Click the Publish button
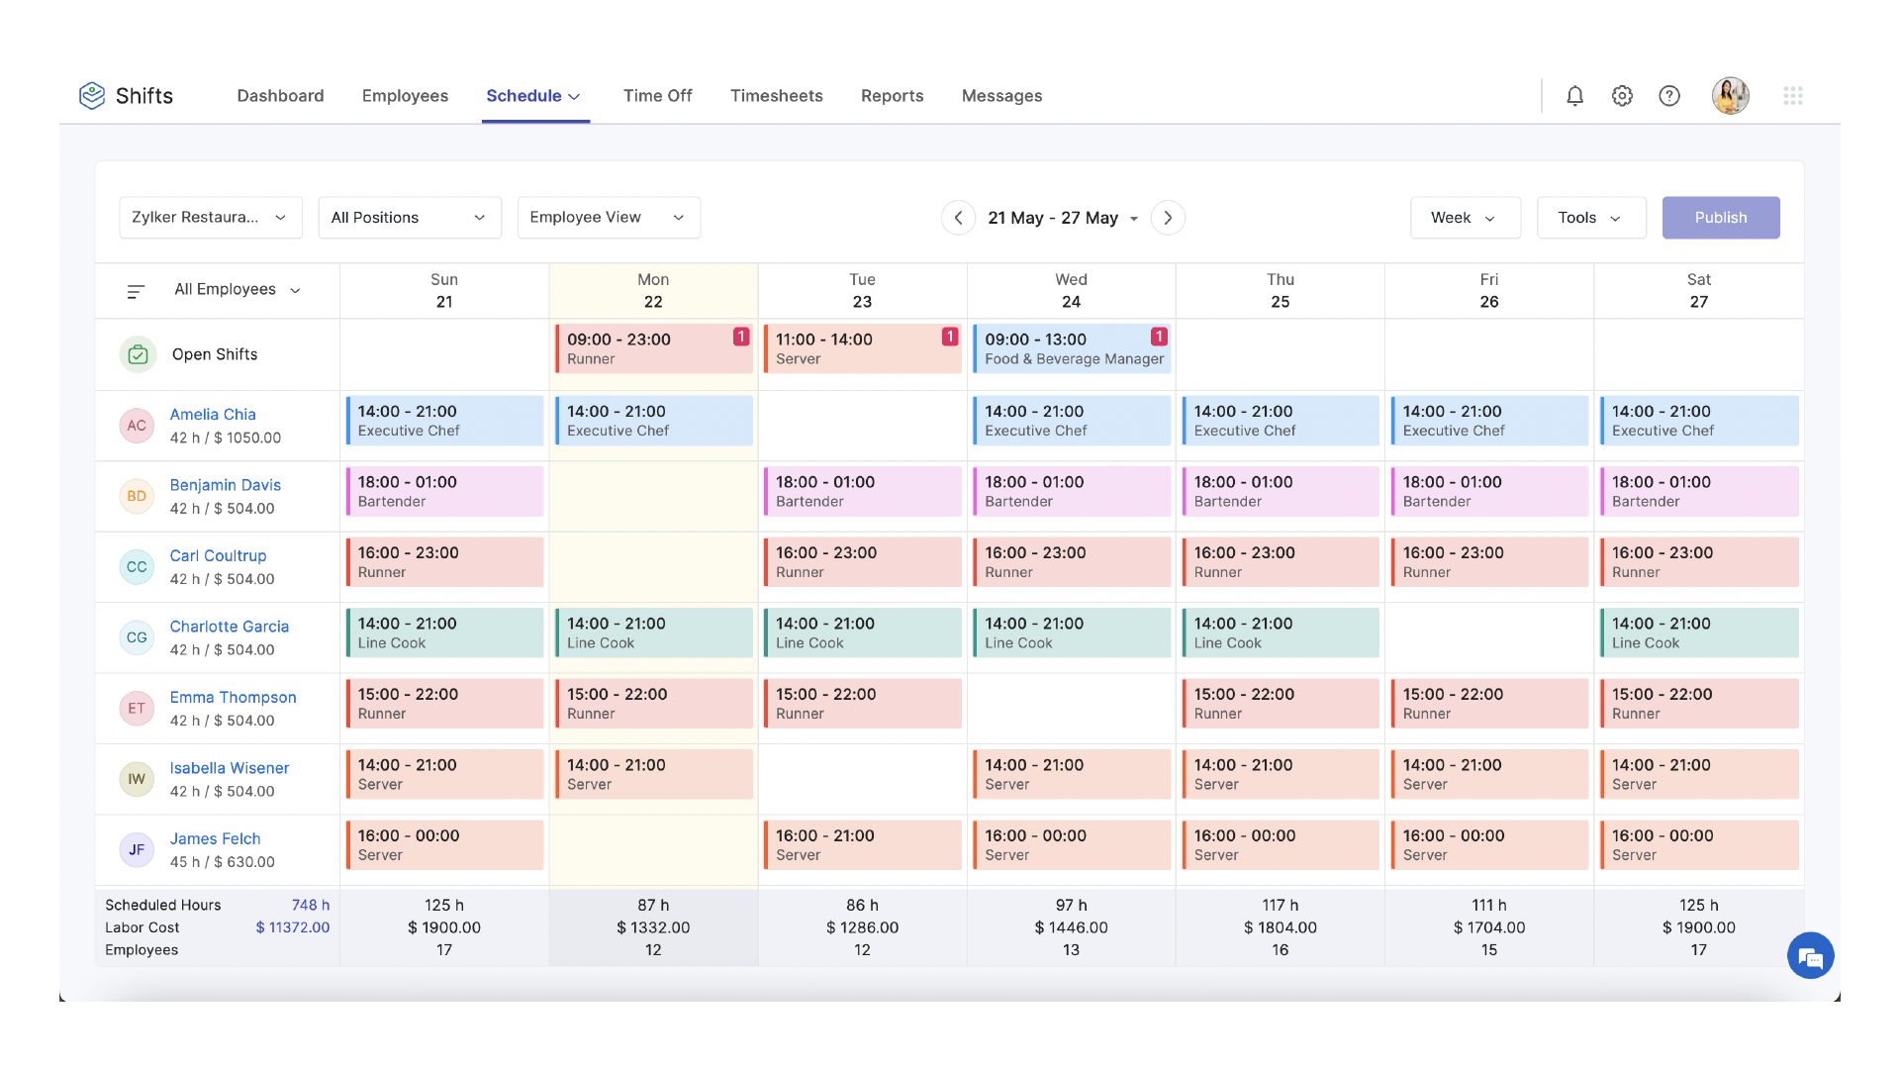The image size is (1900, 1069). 1720,218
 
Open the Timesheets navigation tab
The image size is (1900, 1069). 776,96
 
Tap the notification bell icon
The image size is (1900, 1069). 1574,96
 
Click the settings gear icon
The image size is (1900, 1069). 1621,96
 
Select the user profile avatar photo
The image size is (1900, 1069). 1730,96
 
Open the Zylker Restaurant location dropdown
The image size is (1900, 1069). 210,218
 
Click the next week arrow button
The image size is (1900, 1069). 1168,218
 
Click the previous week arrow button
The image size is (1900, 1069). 957,218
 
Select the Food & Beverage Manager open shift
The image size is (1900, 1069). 1071,349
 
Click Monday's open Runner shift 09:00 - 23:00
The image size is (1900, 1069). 653,349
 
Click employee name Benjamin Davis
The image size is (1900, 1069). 225,485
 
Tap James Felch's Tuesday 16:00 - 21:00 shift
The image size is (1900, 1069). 862,845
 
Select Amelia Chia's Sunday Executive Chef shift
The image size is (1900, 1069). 444,421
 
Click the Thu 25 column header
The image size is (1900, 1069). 1280,291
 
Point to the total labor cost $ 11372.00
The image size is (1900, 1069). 292,927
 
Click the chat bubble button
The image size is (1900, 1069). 1810,956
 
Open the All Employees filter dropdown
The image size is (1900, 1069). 237,290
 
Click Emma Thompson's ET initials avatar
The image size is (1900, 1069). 137,709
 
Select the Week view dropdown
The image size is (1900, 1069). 1464,218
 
